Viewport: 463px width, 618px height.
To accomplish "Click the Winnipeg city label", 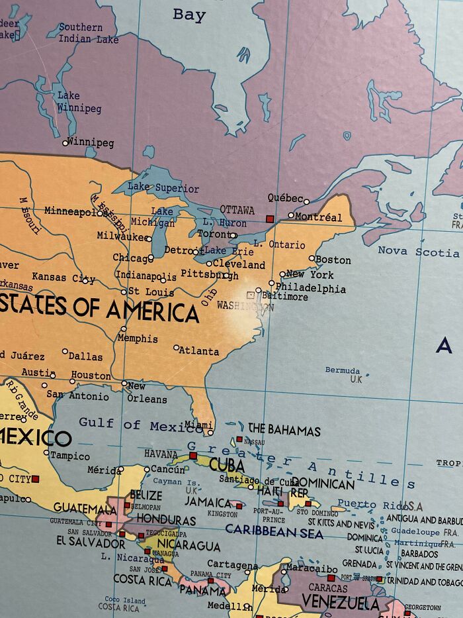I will [x=91, y=142].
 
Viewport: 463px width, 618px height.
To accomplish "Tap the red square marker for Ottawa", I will [x=269, y=218].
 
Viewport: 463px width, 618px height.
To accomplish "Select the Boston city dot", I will [x=312, y=258].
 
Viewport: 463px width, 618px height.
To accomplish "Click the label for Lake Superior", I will [x=163, y=188].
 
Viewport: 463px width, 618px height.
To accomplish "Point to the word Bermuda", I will [x=343, y=370].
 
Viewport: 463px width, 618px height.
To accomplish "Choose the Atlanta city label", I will [x=199, y=350].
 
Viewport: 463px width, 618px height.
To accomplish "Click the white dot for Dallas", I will [x=65, y=352].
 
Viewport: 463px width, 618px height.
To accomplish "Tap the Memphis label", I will [x=138, y=338].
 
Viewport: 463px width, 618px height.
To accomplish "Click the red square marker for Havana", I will [x=193, y=456].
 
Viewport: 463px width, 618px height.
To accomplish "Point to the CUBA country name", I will [x=227, y=465].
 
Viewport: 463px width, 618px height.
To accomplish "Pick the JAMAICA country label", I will [x=208, y=502].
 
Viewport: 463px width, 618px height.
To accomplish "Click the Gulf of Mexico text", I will [x=132, y=424].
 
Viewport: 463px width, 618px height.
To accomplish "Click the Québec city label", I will [x=285, y=197].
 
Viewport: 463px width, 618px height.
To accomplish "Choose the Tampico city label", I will [x=70, y=456].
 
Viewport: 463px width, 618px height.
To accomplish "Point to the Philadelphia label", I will [x=310, y=288].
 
